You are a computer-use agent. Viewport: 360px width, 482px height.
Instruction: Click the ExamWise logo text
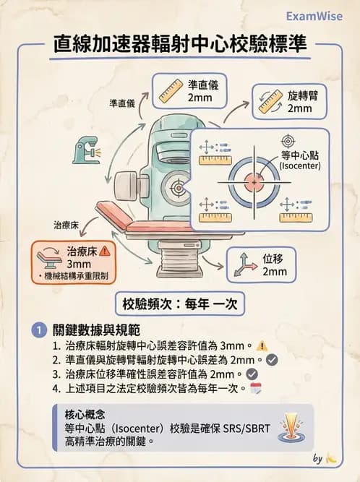(x=314, y=16)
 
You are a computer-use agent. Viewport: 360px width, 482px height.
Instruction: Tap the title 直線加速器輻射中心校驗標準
(x=181, y=45)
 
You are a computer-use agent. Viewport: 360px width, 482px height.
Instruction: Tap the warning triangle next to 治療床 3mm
(x=106, y=251)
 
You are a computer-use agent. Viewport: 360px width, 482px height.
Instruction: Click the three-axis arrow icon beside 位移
(x=244, y=264)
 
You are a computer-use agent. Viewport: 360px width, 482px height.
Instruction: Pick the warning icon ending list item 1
(x=262, y=345)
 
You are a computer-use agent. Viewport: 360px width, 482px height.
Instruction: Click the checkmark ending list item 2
(x=272, y=359)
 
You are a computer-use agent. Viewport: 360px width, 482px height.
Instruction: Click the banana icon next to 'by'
(x=331, y=457)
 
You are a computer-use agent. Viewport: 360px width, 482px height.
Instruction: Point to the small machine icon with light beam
(x=86, y=150)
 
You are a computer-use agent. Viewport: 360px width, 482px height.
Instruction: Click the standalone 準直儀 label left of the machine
(x=122, y=104)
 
